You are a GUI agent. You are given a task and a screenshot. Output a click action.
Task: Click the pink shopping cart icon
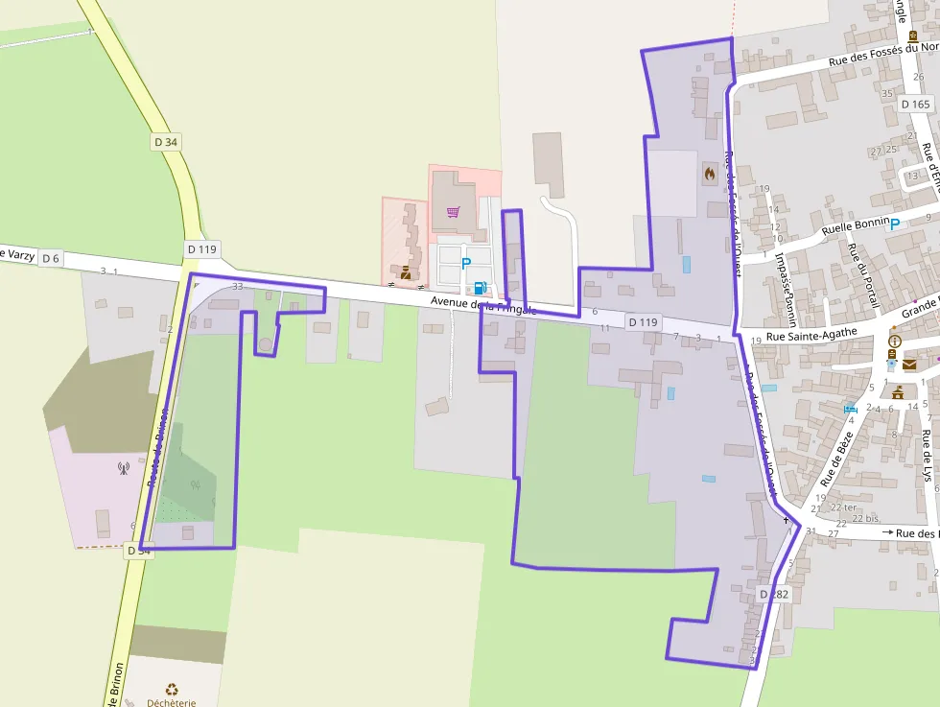[x=453, y=212]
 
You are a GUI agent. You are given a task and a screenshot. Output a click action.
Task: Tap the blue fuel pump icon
[x=479, y=287]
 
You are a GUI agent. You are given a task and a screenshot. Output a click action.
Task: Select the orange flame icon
[x=709, y=174]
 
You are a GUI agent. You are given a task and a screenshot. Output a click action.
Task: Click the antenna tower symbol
[x=123, y=468]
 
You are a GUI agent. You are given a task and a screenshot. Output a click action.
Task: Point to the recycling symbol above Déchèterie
[x=172, y=688]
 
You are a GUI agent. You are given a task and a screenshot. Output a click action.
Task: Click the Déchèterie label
[x=172, y=701]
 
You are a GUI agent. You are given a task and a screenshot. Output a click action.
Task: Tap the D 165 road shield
[x=916, y=104]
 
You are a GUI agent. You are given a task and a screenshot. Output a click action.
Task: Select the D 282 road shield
[x=773, y=595]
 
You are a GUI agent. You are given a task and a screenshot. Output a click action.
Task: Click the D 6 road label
[x=51, y=258]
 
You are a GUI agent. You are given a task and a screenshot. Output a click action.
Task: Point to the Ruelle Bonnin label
[x=857, y=226]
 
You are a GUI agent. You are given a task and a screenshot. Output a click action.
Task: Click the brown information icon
[x=895, y=342]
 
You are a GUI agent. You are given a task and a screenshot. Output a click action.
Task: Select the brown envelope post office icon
[x=908, y=365]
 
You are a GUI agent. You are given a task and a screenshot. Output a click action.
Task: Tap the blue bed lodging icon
[x=850, y=410]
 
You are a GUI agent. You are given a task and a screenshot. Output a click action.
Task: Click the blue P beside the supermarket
[x=466, y=263]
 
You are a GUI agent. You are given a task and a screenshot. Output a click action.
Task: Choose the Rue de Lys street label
[x=928, y=455]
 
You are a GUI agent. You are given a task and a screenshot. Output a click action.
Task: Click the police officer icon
[x=406, y=273]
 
